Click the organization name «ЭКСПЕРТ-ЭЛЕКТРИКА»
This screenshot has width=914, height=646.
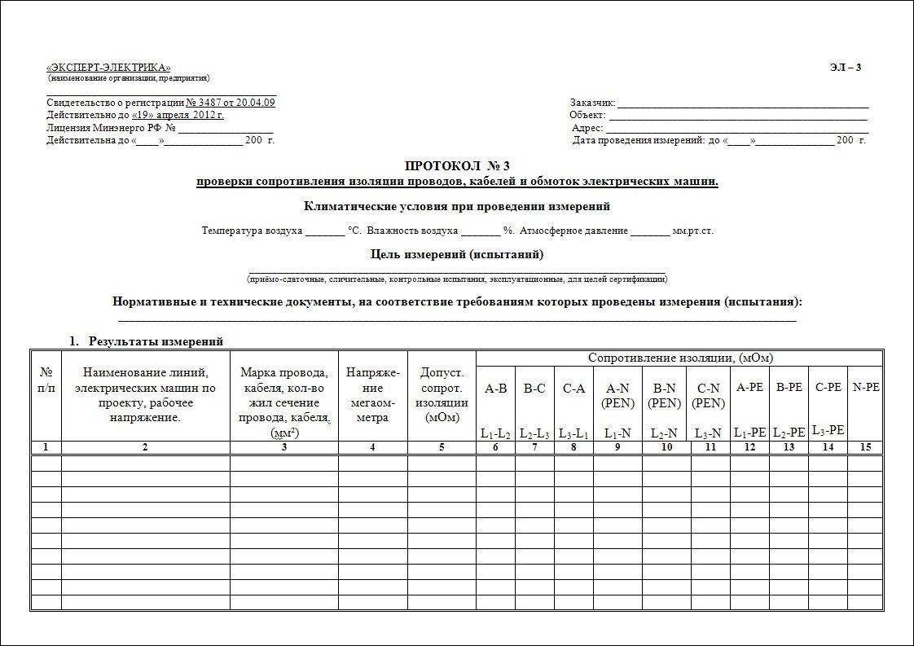pos(108,68)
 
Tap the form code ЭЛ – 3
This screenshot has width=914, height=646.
pos(845,68)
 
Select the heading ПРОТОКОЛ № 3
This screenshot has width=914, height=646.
pos(457,166)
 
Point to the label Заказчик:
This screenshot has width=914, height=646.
pos(592,103)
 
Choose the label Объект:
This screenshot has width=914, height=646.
pos(587,116)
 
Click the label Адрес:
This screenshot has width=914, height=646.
pos(587,128)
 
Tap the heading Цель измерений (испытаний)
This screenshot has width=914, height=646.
pos(457,254)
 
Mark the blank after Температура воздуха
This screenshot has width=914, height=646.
pos(325,231)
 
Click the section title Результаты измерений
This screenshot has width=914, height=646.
pos(156,341)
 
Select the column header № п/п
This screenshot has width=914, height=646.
pos(46,380)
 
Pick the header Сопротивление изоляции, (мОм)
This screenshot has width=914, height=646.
pos(680,358)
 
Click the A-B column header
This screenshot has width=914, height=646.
pos(495,389)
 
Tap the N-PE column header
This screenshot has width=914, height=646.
pos(866,388)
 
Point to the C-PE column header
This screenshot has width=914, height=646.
pos(828,388)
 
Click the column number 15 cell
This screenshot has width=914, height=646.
pos(866,447)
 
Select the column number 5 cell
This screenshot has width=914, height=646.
pos(442,447)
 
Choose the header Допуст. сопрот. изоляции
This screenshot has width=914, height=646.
pos(442,395)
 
